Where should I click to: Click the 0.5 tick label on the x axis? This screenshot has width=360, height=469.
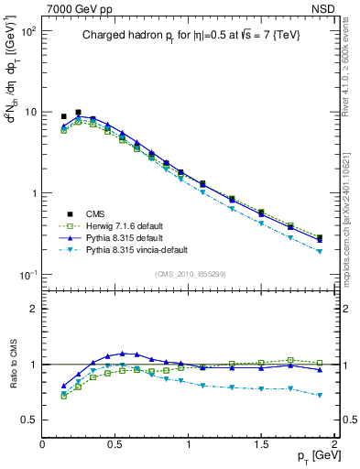115,442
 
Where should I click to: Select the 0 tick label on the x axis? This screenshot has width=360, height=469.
43,442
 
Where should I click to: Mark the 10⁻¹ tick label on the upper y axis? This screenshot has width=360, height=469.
26,274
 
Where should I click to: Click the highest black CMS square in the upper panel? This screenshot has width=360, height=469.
78,113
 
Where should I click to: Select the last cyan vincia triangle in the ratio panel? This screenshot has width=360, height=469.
319,396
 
